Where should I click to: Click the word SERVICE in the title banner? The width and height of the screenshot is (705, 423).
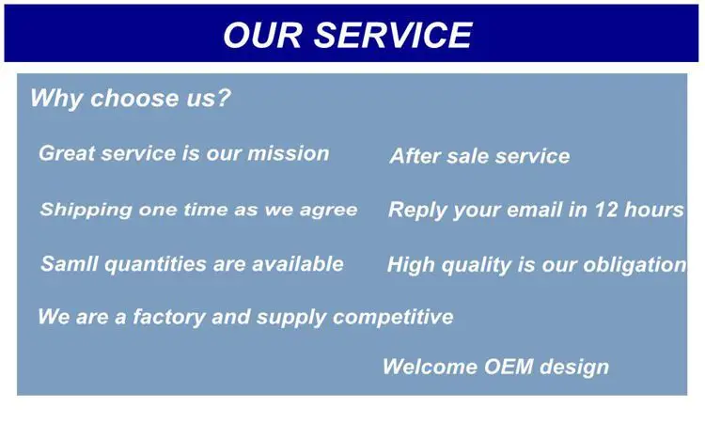click(393, 35)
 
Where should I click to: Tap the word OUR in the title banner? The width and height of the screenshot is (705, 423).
click(262, 35)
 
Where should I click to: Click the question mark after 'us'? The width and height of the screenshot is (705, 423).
click(222, 97)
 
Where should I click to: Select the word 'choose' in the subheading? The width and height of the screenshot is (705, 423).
click(134, 98)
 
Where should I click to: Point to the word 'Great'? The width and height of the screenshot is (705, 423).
click(67, 153)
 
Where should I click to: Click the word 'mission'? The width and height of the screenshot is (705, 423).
click(289, 153)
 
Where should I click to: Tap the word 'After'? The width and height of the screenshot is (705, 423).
click(415, 156)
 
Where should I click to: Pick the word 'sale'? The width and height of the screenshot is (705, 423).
click(467, 156)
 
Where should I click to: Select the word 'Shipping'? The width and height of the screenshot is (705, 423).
click(86, 210)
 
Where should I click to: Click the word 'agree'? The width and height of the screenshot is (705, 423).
click(329, 211)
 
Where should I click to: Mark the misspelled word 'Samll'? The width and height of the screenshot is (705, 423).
click(70, 263)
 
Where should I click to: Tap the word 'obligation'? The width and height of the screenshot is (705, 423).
click(634, 265)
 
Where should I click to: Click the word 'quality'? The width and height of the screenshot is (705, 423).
click(477, 265)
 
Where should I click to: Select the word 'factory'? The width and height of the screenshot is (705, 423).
click(169, 318)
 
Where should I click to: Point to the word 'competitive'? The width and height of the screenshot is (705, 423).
click(393, 318)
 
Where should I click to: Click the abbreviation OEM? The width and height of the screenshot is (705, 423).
click(509, 367)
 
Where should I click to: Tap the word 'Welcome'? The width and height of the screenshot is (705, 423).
click(430, 367)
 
